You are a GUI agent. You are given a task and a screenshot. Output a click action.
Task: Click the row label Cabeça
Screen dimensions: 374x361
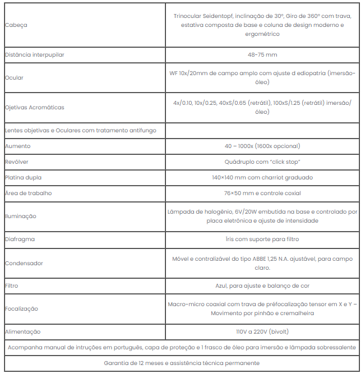pyautogui.click(x=16, y=25)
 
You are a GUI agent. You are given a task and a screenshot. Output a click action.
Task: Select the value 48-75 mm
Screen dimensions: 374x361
pyautogui.click(x=262, y=55)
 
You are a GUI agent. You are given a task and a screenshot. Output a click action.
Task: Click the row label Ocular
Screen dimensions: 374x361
pyautogui.click(x=14, y=78)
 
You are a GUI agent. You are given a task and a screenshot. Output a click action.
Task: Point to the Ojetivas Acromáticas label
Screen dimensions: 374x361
pyautogui.click(x=34, y=107)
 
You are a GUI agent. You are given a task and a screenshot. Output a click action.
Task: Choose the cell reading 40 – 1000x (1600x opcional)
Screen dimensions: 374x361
pyautogui.click(x=262, y=146)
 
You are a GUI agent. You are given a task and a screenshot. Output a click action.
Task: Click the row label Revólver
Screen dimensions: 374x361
pyautogui.click(x=17, y=161)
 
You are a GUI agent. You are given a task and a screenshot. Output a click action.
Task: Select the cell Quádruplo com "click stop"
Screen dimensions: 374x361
pyautogui.click(x=262, y=161)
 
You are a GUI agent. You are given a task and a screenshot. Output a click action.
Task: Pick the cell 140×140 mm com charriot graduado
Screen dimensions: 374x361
pyautogui.click(x=262, y=177)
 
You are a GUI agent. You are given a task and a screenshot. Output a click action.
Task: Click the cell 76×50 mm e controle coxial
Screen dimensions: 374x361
pyautogui.click(x=262, y=193)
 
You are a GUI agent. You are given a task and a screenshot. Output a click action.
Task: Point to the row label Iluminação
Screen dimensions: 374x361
pyautogui.click(x=20, y=216)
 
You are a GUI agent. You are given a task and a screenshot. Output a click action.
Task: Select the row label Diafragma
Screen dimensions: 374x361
pyautogui.click(x=20, y=239)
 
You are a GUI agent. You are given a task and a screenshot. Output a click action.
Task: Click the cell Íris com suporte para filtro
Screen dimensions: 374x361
pyautogui.click(x=262, y=239)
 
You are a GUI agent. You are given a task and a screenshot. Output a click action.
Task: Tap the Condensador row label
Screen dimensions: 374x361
pyautogui.click(x=24, y=263)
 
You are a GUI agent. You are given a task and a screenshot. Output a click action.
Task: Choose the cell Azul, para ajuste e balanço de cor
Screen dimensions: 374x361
pyautogui.click(x=262, y=286)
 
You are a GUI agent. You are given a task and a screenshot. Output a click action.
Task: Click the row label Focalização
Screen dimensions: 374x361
pyautogui.click(x=21, y=309)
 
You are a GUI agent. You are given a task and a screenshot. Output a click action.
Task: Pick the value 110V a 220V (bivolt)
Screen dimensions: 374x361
pyautogui.click(x=262, y=332)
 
